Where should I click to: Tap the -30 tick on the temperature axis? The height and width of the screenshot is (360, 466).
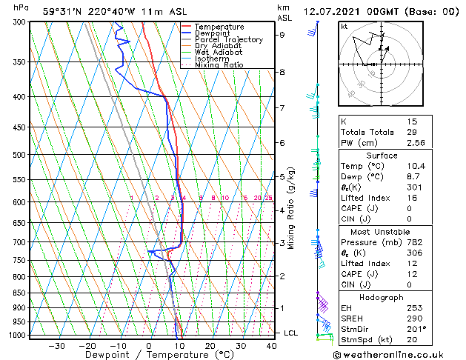tap(56, 346)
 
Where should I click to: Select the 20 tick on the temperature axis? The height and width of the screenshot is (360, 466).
tap(210, 346)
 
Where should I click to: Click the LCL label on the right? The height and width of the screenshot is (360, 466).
tap(290, 333)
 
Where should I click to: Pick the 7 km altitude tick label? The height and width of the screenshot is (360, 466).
tap(282, 108)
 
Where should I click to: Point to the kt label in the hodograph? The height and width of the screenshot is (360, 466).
tap(344, 26)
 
